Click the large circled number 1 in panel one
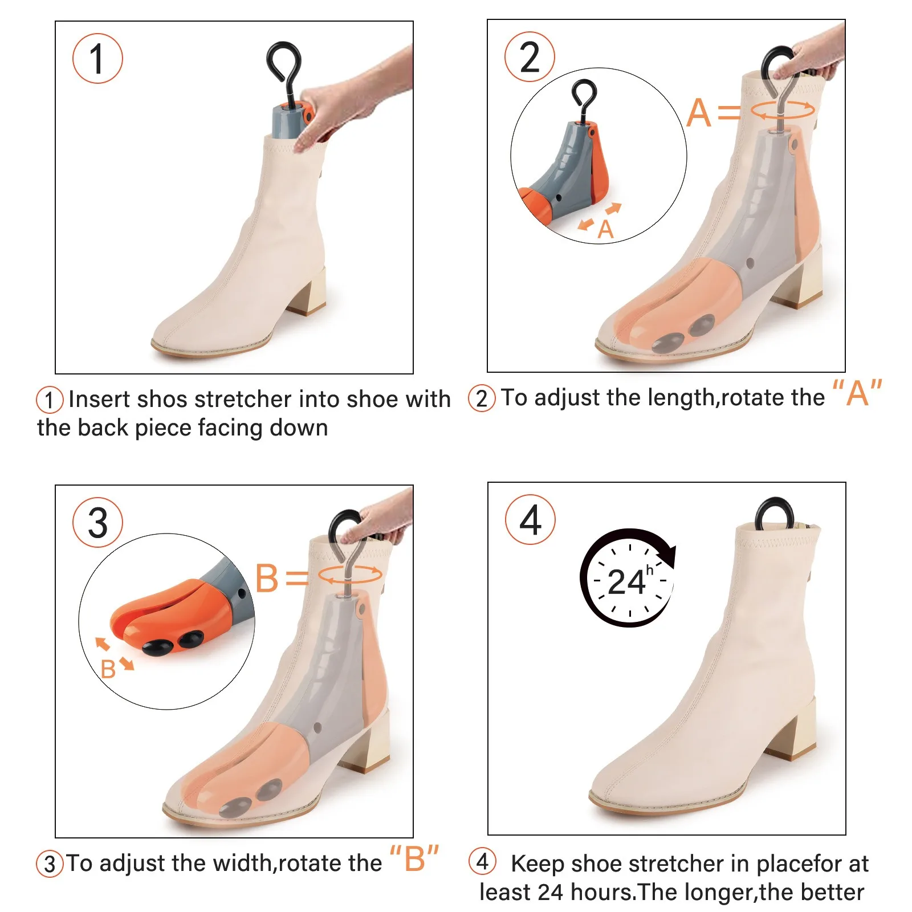point(97,59)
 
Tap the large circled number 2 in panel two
point(530,57)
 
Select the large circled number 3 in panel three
point(97,523)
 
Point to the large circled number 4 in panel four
point(530,520)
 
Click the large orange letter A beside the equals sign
point(699,113)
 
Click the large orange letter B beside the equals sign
point(267,578)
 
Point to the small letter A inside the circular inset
point(605,230)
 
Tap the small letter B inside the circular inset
point(108,669)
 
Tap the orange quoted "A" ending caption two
point(857,393)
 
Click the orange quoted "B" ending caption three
point(414,859)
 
